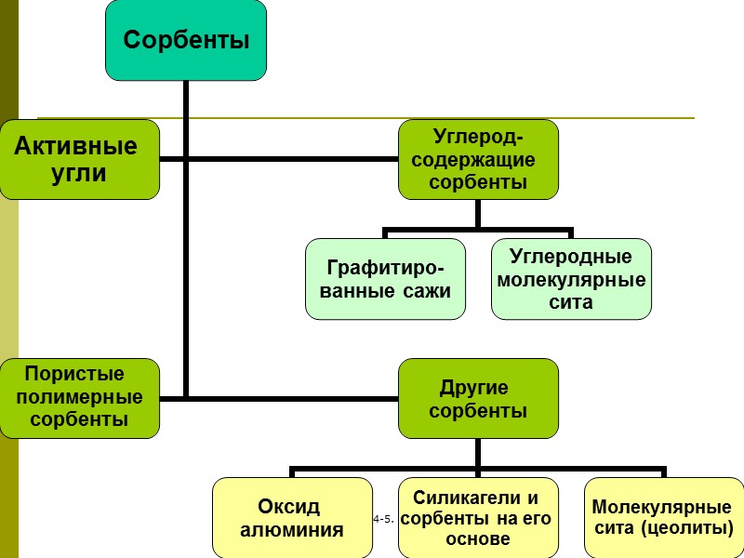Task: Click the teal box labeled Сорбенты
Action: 186,39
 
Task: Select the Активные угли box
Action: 79,159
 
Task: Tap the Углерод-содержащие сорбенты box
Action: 478,159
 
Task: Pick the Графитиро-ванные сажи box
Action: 385,279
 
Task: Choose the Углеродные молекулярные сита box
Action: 571,279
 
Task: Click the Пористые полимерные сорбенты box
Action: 79,397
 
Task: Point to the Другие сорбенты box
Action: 478,398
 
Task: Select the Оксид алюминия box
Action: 292,518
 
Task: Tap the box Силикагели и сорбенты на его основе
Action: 478,518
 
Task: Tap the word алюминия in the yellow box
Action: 292,530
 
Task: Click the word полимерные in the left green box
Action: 80,397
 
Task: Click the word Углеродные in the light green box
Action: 571,257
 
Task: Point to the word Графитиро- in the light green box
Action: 385,269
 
